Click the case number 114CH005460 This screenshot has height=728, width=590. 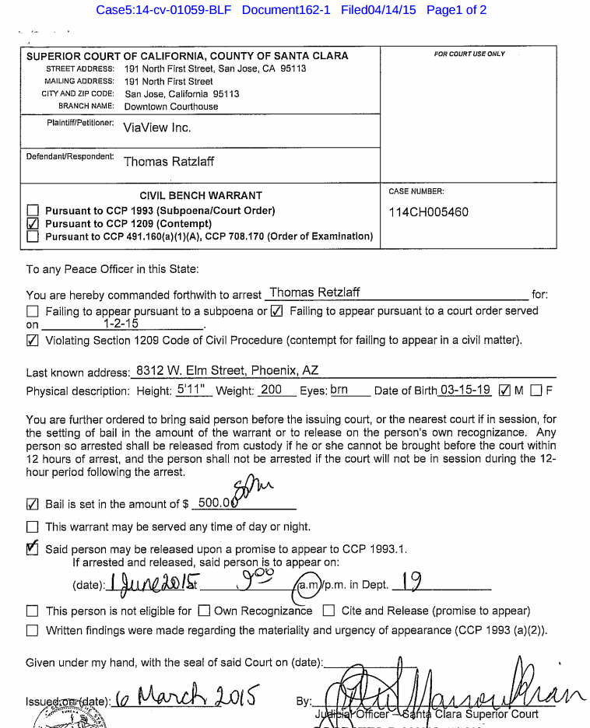click(x=428, y=212)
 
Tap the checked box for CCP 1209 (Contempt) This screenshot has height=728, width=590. click(x=33, y=223)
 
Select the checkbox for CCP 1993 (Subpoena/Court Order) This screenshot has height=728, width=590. click(x=33, y=211)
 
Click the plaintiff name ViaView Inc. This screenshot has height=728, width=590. click(x=156, y=127)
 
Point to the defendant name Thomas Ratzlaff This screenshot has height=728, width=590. click(x=168, y=162)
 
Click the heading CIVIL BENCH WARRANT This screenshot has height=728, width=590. click(x=201, y=195)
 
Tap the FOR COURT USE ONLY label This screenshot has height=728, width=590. click(x=469, y=54)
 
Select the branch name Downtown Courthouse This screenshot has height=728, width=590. click(x=171, y=107)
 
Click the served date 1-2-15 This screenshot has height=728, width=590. click(x=121, y=324)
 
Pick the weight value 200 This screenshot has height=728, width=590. click(x=272, y=390)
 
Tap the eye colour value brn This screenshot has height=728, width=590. click(x=339, y=390)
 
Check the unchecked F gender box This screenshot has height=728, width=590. click(x=536, y=391)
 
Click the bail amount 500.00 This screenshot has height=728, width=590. click(x=217, y=502)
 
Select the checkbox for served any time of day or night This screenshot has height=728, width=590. click(x=33, y=527)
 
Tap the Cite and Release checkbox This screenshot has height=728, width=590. click(x=328, y=611)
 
